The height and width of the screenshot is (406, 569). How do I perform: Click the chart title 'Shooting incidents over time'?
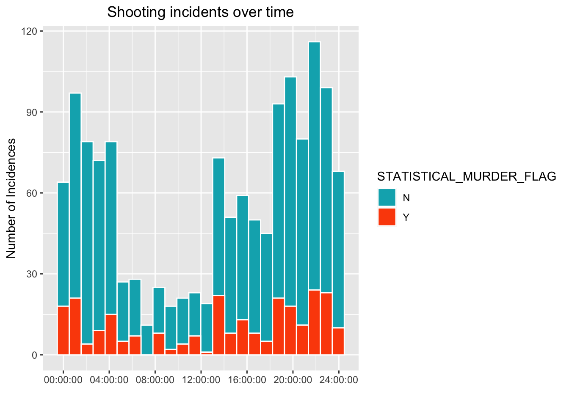pyautogui.click(x=200, y=12)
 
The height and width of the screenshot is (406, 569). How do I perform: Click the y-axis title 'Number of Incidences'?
pyautogui.click(x=11, y=198)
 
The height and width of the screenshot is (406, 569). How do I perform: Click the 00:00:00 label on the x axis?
pyautogui.click(x=63, y=380)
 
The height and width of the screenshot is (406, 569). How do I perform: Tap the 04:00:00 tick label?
pyautogui.click(x=109, y=380)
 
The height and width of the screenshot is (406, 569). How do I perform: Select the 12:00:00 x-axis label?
pyautogui.click(x=201, y=380)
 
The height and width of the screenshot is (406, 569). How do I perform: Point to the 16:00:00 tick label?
pyautogui.click(x=247, y=380)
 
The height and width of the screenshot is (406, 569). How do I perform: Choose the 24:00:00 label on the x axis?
pyautogui.click(x=339, y=380)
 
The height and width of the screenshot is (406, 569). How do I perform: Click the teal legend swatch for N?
pyautogui.click(x=387, y=198)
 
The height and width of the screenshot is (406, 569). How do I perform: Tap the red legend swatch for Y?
pyautogui.click(x=387, y=217)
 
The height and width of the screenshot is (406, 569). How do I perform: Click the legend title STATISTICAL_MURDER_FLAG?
pyautogui.click(x=467, y=176)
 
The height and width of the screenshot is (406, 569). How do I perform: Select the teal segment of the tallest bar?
pyautogui.click(x=314, y=165)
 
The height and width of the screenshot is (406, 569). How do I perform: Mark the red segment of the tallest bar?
pyautogui.click(x=314, y=322)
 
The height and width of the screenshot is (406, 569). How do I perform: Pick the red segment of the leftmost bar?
pyautogui.click(x=63, y=330)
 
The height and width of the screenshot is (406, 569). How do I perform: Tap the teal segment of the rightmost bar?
pyautogui.click(x=338, y=250)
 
